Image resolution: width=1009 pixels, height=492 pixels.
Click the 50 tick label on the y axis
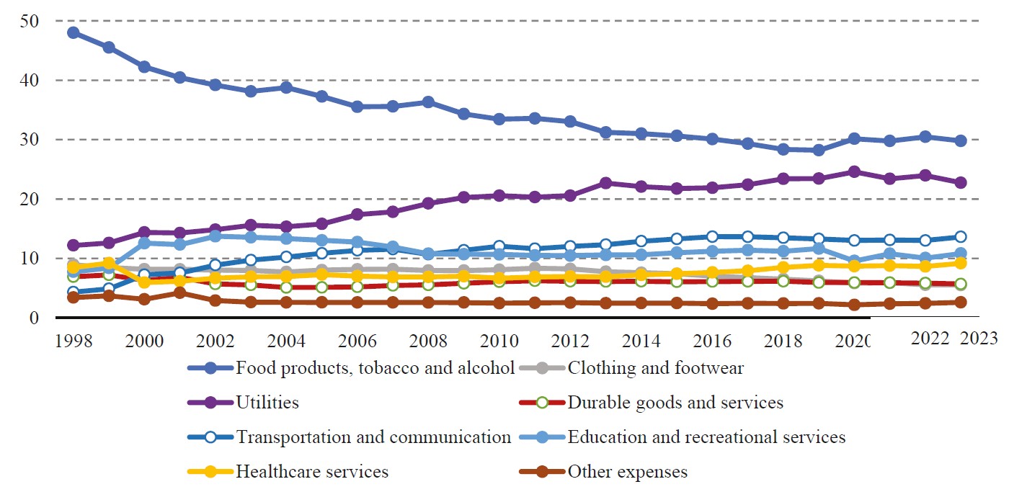tap(30, 22)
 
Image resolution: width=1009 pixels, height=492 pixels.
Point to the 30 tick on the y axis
tap(30, 140)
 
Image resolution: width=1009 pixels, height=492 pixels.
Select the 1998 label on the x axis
tap(73, 339)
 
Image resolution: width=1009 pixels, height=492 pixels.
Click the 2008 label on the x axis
tap(428, 339)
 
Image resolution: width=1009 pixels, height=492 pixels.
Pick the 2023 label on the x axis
tap(978, 339)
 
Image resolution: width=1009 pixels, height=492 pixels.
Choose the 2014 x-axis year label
tap(641, 339)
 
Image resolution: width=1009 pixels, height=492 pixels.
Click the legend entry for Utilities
tap(267, 403)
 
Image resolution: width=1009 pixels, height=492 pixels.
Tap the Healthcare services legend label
tap(312, 473)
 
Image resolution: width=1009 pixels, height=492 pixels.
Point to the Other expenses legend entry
tap(627, 473)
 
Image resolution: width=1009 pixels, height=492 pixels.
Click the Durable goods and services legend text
tap(675, 403)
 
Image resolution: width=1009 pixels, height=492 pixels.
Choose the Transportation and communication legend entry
tap(373, 437)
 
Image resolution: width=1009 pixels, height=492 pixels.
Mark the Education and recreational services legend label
tap(706, 437)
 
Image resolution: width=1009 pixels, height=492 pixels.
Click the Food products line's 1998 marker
tap(73, 32)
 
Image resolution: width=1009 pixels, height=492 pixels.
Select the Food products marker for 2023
tap(961, 140)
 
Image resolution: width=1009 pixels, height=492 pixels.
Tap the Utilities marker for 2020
tap(854, 171)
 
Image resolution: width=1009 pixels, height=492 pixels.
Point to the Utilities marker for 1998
tap(73, 246)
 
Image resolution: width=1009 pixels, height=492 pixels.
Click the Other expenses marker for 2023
tap(961, 303)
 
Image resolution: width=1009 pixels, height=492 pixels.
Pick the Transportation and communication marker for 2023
tap(961, 237)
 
